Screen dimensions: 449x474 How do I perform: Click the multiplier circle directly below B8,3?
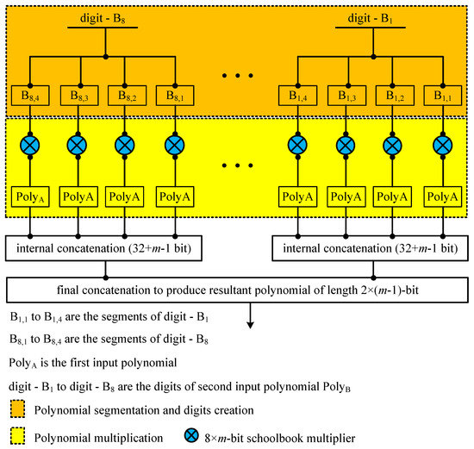(78, 143)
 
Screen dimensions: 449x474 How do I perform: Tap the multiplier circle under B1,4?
(298, 143)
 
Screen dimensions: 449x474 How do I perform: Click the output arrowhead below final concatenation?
(251, 325)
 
